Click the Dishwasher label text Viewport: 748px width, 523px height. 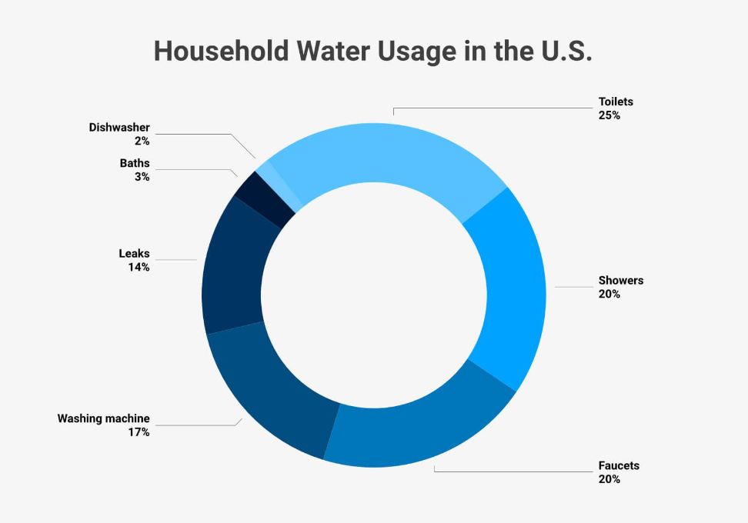click(119, 127)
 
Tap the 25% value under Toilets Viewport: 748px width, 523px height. click(609, 115)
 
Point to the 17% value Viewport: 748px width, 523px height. click(139, 432)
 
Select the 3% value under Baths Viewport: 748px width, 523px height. click(142, 176)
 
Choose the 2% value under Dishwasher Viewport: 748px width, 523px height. click(142, 141)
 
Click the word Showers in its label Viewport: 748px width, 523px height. click(620, 280)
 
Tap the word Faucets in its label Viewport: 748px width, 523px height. click(619, 465)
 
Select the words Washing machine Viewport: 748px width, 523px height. click(104, 418)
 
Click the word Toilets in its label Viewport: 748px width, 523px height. click(616, 102)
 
